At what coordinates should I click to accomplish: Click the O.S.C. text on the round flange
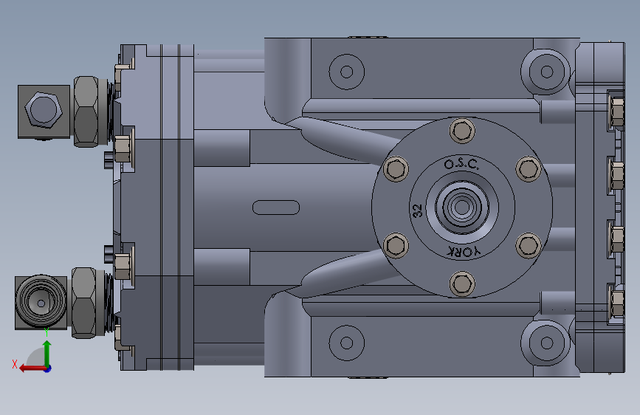click(461, 164)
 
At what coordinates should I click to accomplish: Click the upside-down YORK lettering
click(464, 252)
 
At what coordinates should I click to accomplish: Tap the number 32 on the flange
click(417, 210)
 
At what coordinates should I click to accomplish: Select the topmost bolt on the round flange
click(462, 131)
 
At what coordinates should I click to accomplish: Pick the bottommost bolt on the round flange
click(462, 284)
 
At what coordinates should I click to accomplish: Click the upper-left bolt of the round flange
click(396, 168)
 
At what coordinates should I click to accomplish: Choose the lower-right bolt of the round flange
click(529, 245)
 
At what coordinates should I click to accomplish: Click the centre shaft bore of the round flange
click(462, 207)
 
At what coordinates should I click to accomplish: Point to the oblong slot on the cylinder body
click(276, 207)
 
